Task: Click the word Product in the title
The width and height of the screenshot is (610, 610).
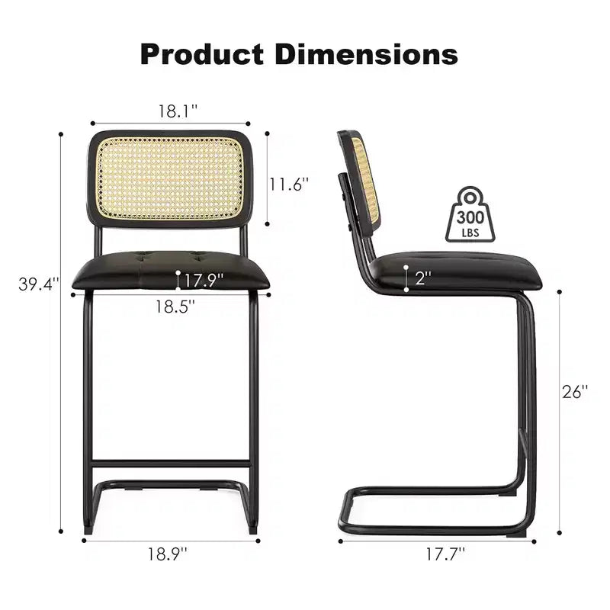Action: coord(202,54)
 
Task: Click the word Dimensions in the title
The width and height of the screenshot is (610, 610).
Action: coord(366,54)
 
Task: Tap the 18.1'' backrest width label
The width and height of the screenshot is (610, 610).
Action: coord(178,111)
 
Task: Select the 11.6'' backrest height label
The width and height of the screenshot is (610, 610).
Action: coord(289,184)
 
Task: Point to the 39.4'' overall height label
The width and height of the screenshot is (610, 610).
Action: coord(39,284)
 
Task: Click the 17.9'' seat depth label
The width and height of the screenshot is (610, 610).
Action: coord(204,280)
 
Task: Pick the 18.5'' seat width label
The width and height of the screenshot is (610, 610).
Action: coord(175,307)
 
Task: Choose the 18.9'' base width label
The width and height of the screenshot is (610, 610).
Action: coord(167,554)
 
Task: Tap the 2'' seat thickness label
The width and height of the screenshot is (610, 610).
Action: coord(423,278)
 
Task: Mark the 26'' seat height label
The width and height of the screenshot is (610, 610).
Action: coord(575,392)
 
